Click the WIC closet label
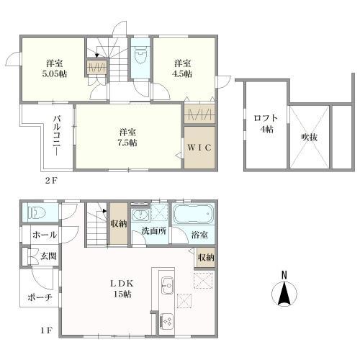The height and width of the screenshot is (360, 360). click(x=199, y=148)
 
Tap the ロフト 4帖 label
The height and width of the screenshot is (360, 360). click(x=266, y=123)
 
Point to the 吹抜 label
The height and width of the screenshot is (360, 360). click(x=310, y=137)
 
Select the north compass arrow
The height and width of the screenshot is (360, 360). click(x=284, y=294)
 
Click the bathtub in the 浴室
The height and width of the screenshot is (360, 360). click(x=193, y=214)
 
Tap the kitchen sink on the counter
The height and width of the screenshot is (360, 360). click(x=167, y=285)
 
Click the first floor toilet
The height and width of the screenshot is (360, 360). click(x=37, y=213)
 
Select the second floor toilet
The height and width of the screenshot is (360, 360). click(x=140, y=56)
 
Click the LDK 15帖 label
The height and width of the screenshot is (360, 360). click(x=122, y=289)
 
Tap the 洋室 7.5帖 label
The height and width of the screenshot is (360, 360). click(x=127, y=138)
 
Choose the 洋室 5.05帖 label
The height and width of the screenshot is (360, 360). click(x=55, y=68)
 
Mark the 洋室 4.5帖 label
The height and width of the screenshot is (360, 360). click(x=182, y=68)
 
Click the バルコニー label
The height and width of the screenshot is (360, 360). click(x=57, y=135)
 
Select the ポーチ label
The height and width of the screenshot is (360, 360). click(x=40, y=298)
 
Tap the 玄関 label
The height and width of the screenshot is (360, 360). click(x=48, y=256)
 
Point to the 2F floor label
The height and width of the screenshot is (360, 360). click(x=51, y=180)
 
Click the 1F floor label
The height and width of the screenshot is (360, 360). click(x=46, y=330)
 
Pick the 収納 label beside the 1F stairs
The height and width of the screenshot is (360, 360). click(x=119, y=224)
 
